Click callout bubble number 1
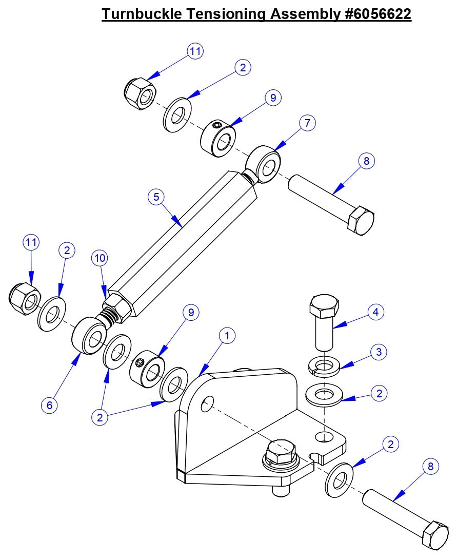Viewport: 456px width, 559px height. [227, 336]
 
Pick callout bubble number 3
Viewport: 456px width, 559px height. [379, 352]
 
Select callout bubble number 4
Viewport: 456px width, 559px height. [376, 312]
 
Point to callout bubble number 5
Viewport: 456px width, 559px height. [156, 197]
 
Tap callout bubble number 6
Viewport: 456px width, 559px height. [49, 405]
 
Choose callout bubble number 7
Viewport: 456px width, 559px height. [307, 123]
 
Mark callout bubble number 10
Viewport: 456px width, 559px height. [100, 258]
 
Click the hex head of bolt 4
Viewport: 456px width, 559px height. [324, 306]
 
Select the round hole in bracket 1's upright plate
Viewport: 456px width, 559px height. [207, 404]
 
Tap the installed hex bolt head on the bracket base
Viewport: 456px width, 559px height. [281, 450]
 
